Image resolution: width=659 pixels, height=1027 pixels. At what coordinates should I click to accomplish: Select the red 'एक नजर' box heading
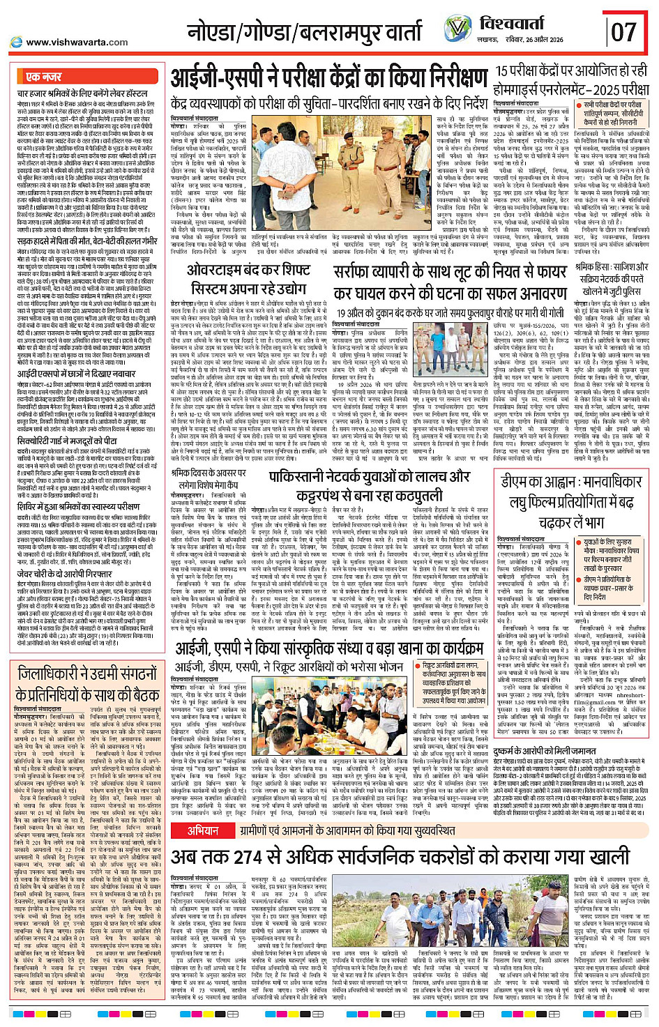(43, 77)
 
